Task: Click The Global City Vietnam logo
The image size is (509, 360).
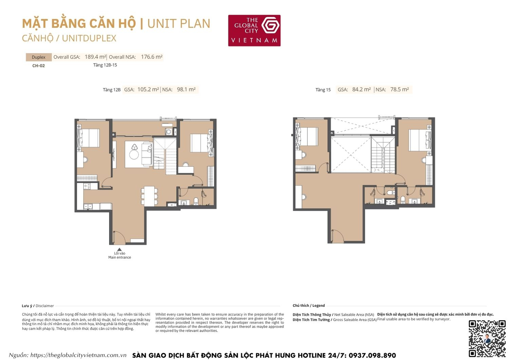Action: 254,31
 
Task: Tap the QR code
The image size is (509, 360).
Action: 487,338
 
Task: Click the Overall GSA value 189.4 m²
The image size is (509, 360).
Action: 95,57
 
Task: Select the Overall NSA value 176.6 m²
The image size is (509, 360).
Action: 152,57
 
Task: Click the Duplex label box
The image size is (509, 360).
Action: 39,57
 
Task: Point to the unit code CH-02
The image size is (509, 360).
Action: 39,66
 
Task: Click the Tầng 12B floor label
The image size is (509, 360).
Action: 112,90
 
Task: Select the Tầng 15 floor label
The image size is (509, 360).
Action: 323,90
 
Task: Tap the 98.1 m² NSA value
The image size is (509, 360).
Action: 186,89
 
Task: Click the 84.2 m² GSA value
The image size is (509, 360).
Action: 361,89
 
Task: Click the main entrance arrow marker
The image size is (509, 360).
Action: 119,249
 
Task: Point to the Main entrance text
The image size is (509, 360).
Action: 119,257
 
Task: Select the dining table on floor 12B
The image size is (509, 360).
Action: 149,196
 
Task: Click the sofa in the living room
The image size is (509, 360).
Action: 147,154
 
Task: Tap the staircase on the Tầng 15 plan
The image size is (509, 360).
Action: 383,155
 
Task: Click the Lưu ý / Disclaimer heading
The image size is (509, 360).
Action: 38,306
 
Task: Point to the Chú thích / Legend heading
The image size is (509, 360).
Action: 308,305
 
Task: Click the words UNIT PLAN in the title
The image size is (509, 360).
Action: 179,24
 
